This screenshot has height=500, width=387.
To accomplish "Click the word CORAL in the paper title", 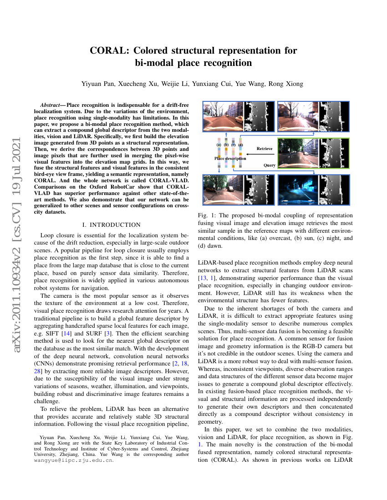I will tap(108, 50).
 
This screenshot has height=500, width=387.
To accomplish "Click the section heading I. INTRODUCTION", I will tap(112, 225).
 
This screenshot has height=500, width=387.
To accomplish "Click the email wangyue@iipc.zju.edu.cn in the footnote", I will tap(74, 460).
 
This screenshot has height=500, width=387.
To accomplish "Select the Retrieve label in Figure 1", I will tap(265, 149).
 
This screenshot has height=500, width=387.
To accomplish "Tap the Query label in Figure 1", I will tap(269, 165).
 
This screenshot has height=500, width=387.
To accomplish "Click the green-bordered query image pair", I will tap(313, 153).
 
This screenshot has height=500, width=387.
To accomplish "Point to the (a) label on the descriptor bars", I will tap(219, 144).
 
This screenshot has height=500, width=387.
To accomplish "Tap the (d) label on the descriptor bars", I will tap(241, 144).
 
